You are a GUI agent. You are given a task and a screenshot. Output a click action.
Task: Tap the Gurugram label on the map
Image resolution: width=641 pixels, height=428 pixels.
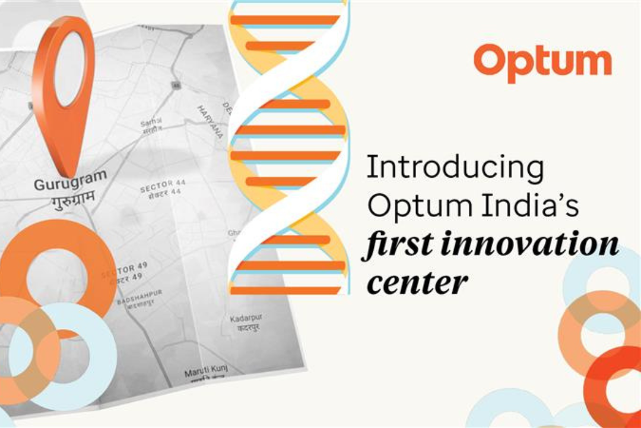pos(70,180)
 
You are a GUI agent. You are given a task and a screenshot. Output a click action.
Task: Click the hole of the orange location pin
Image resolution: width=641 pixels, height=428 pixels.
pos(69,68)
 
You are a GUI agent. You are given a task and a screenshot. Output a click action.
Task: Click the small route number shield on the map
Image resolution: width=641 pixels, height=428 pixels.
pos(176,85)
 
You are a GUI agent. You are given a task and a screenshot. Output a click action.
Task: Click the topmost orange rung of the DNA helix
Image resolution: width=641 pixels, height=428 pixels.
pos(285,20)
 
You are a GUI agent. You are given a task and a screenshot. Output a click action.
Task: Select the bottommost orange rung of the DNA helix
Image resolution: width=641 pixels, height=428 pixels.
pos(285,291)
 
